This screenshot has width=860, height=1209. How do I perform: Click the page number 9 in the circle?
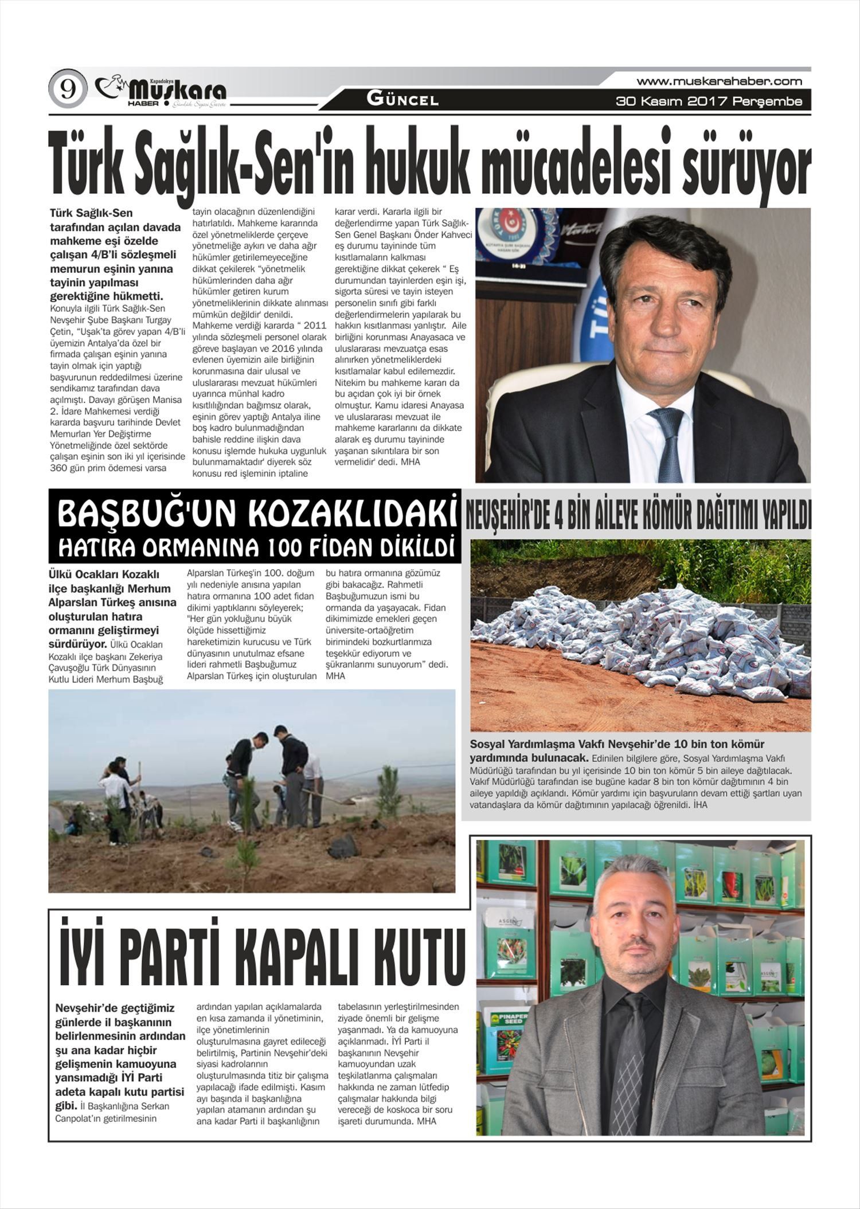click(x=68, y=90)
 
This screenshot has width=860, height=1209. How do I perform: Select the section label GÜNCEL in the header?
click(x=402, y=100)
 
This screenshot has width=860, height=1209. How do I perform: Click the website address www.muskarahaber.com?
click(x=719, y=81)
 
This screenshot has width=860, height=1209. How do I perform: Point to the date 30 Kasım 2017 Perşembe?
click(x=709, y=102)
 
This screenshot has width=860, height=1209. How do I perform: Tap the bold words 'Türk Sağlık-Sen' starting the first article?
click(x=92, y=213)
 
